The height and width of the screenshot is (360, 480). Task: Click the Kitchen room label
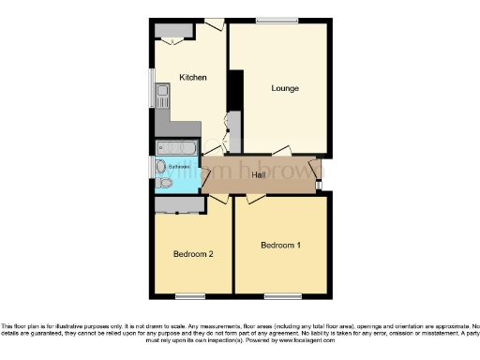click(x=193, y=78)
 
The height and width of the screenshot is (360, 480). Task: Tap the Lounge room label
click(x=285, y=89)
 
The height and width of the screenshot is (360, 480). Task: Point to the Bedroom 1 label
click(x=280, y=246)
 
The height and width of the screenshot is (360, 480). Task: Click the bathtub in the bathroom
click(x=175, y=148)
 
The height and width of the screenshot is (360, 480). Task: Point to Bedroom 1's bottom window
click(x=280, y=296)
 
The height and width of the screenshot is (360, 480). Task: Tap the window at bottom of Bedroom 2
click(x=190, y=296)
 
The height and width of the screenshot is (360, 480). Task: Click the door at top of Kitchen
click(x=215, y=23)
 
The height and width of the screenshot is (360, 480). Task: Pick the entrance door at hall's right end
click(x=320, y=172)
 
